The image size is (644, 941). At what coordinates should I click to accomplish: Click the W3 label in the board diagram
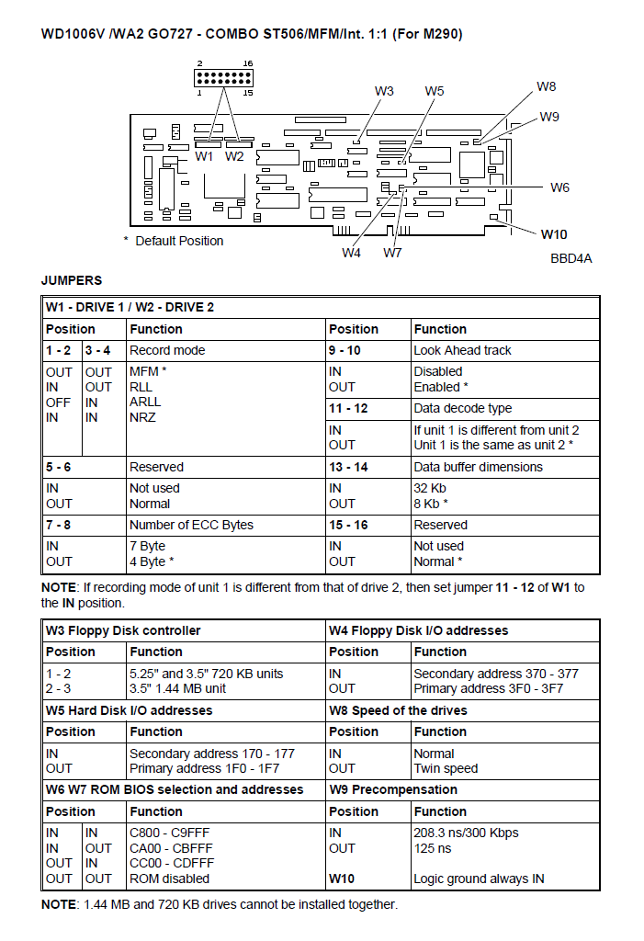pyautogui.click(x=384, y=91)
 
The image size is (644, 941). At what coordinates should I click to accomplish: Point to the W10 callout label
pyautogui.click(x=554, y=234)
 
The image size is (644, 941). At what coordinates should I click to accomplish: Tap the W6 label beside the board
pyautogui.click(x=559, y=187)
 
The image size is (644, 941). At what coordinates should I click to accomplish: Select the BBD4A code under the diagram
pyautogui.click(x=571, y=258)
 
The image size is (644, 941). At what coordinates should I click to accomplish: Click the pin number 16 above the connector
pyautogui.click(x=248, y=63)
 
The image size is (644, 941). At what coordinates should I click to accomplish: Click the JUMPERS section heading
pyautogui.click(x=72, y=280)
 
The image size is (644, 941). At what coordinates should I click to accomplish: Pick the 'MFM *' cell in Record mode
pyautogui.click(x=148, y=371)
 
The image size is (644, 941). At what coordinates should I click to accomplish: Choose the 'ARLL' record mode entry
pyautogui.click(x=145, y=402)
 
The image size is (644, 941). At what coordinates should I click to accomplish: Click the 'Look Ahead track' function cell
pyautogui.click(x=463, y=350)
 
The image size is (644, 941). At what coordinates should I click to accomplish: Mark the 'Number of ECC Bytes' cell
pyautogui.click(x=191, y=525)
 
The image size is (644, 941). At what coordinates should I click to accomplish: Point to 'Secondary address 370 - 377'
pyautogui.click(x=496, y=674)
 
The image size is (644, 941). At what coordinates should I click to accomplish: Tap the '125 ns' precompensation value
pyautogui.click(x=433, y=848)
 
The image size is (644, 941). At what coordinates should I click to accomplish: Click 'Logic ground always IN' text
pyautogui.click(x=479, y=879)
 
